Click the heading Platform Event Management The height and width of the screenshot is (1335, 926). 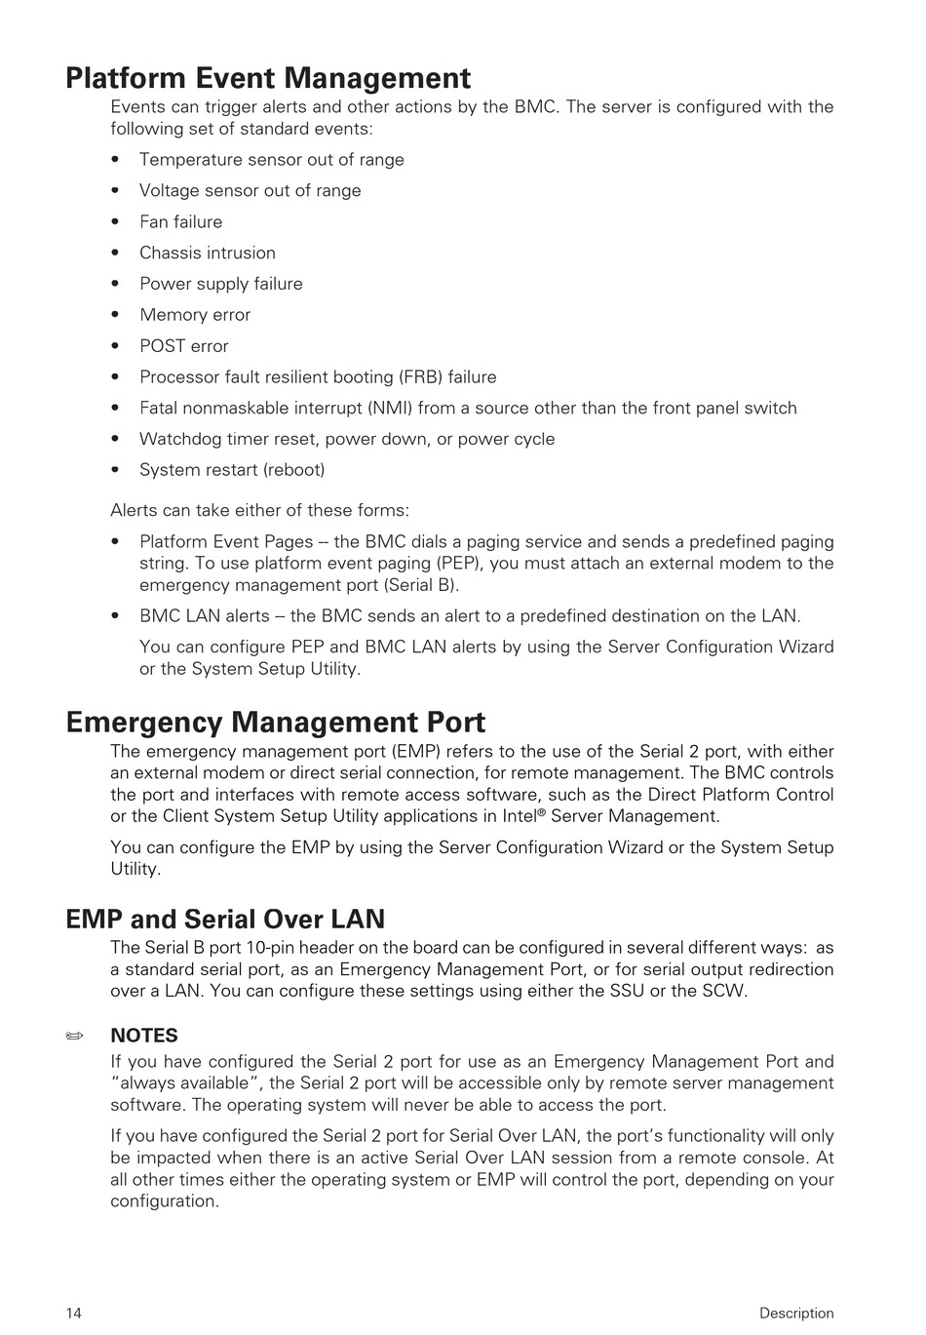tap(268, 78)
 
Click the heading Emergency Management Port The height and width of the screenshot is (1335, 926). tap(275, 723)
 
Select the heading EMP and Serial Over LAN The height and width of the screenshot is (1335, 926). tap(225, 919)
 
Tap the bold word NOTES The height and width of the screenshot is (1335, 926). tap(144, 1036)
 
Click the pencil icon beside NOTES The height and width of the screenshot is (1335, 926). tap(75, 1036)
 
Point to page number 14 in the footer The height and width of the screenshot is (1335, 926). tap(74, 1313)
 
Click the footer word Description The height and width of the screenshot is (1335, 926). tap(796, 1313)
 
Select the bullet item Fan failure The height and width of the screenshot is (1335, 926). tap(180, 222)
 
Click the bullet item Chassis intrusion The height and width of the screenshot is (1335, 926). tap(207, 254)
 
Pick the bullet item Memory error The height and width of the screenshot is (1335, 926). tap(195, 315)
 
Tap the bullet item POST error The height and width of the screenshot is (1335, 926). tap(183, 346)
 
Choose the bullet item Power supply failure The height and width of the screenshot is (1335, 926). tap(220, 284)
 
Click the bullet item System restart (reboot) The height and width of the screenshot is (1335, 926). tap(232, 470)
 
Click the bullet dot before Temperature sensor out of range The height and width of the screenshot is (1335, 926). tap(116, 160)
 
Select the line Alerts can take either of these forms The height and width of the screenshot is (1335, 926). tap(259, 511)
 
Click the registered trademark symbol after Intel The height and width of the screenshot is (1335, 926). tap(541, 812)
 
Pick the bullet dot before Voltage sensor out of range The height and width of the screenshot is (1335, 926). tap(116, 191)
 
